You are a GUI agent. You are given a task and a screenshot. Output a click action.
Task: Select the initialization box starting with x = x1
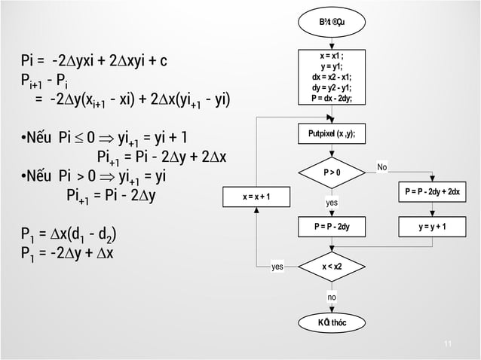(x=332, y=76)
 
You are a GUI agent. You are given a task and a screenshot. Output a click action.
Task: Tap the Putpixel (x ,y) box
(x=332, y=136)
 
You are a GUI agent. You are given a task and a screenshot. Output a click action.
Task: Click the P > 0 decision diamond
(x=332, y=173)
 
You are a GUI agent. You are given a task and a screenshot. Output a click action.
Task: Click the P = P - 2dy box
(x=332, y=225)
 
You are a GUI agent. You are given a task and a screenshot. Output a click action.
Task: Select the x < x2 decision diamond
(x=332, y=266)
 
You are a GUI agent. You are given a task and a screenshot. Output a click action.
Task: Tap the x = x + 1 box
(x=256, y=197)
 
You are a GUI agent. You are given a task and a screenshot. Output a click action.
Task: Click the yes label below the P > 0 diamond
(x=332, y=203)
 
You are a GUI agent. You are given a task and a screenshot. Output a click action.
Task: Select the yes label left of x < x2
(x=278, y=266)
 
